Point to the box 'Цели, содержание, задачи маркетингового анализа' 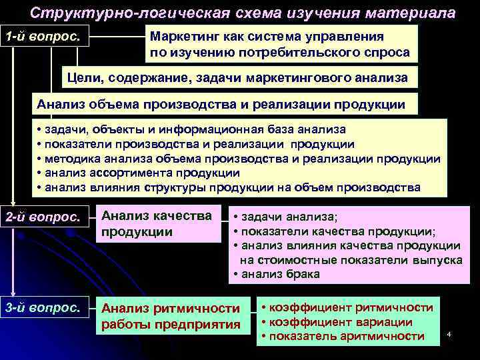tap(240, 78)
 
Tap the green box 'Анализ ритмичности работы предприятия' tap(171, 316)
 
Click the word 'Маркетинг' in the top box tap(184, 37)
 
